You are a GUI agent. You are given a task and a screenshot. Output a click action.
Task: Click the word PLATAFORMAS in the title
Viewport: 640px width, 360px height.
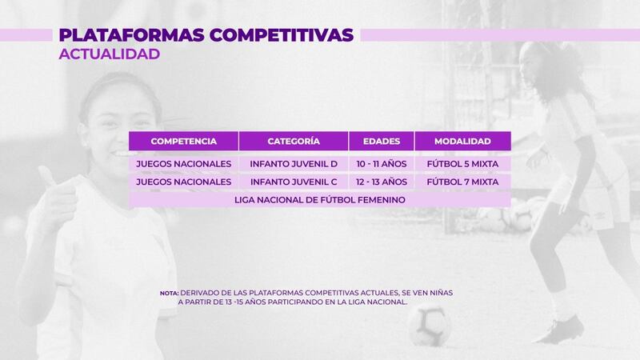(131, 35)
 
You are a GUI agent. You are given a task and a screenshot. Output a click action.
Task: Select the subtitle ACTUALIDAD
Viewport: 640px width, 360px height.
(110, 54)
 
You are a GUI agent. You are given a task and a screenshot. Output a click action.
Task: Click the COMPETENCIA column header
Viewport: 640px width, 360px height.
(184, 142)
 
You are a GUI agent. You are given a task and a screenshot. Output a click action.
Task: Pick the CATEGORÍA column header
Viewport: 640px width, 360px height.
(294, 142)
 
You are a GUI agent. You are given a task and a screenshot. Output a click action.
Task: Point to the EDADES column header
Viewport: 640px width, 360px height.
(382, 142)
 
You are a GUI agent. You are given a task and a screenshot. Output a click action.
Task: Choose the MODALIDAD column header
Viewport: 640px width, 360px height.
(462, 142)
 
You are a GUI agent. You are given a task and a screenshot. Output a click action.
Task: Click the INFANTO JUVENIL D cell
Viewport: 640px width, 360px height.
(294, 164)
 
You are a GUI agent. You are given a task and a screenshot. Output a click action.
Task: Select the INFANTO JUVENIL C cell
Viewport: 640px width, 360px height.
(294, 182)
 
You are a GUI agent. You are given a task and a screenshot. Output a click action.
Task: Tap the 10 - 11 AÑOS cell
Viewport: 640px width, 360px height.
(382, 164)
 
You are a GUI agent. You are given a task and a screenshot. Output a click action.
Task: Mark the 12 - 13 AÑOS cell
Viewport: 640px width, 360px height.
(382, 182)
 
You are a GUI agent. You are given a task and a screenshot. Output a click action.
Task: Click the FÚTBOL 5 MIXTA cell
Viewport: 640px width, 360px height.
(462, 164)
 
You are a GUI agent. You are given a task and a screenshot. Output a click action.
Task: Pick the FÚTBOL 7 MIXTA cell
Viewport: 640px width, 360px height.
(462, 182)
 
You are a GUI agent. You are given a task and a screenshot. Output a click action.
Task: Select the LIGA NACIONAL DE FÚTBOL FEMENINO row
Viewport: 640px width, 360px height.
(319, 200)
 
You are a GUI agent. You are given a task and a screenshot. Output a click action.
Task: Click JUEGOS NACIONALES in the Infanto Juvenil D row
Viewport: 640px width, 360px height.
(184, 164)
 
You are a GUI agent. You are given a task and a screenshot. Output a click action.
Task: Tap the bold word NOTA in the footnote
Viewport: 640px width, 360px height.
(169, 293)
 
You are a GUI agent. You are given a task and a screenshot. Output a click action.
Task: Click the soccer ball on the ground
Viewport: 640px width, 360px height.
(427, 326)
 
